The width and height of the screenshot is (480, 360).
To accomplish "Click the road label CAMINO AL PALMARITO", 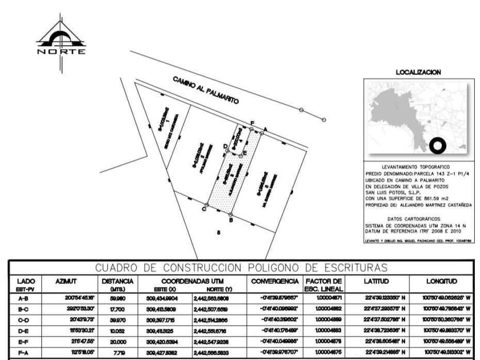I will coord(206,90).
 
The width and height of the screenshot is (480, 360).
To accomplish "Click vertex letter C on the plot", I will coord(203,210).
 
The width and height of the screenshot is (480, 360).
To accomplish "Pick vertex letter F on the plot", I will coord(252,123).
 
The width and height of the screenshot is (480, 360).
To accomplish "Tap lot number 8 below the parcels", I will coord(218,233).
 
